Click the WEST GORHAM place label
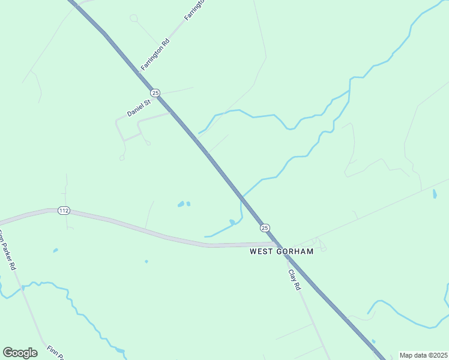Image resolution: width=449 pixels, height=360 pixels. click(x=282, y=252)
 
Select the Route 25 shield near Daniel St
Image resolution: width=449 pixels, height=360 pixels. click(x=155, y=92)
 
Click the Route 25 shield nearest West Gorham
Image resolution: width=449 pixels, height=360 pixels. click(x=265, y=227)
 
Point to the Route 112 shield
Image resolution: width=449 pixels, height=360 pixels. click(x=64, y=211)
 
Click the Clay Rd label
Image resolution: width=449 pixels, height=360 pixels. click(x=294, y=280)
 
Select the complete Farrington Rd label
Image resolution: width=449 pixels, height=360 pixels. click(x=155, y=53)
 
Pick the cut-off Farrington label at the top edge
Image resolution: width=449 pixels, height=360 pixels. click(x=194, y=10)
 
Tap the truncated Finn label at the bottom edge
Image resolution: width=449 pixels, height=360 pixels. click(x=53, y=352)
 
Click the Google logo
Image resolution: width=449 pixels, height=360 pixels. click(x=20, y=353)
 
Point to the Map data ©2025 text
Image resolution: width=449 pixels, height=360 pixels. click(x=423, y=355)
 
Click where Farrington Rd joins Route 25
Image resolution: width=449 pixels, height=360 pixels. click(x=140, y=72)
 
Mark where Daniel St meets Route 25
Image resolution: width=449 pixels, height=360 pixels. click(x=172, y=112)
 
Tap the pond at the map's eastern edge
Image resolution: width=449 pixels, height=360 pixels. click(x=435, y=194)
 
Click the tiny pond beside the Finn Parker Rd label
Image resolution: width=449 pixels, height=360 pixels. click(x=55, y=250)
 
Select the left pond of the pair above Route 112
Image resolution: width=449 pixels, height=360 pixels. click(x=181, y=205)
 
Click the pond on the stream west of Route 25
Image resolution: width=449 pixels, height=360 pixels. click(x=232, y=223)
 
